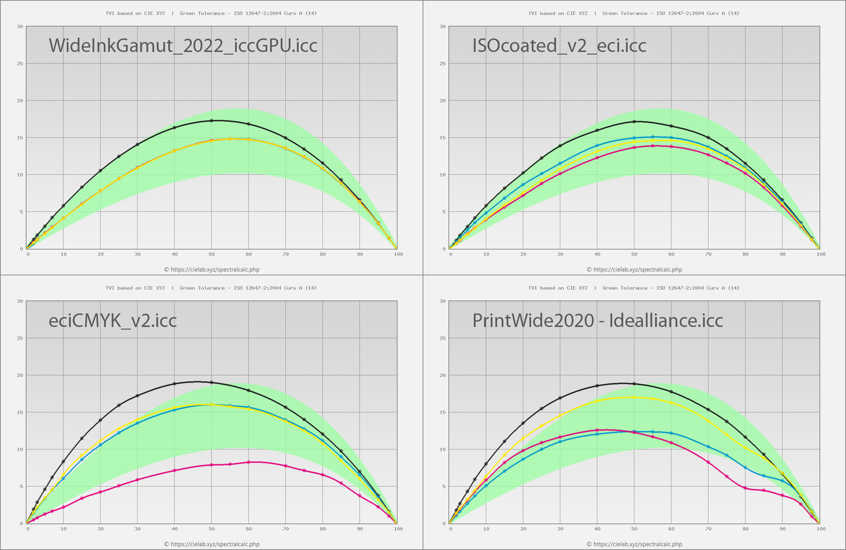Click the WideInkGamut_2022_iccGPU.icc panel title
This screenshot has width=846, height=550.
[x=183, y=45]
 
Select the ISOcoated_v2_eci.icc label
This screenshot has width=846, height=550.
[x=559, y=45]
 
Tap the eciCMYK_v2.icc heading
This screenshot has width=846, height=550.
[x=113, y=320]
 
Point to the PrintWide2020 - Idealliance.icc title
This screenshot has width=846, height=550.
[x=598, y=320]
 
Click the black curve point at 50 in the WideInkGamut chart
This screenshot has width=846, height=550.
[x=211, y=121]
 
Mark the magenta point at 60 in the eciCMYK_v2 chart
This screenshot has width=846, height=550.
[x=249, y=462]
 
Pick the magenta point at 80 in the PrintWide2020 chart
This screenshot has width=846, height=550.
[x=745, y=488]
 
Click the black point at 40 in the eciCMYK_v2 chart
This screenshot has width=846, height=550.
[x=174, y=384]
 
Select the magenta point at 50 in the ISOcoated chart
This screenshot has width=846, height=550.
[x=634, y=147]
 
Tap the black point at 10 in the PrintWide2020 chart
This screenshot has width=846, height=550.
[x=486, y=464]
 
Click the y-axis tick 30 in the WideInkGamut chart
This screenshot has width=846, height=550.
[x=20, y=27]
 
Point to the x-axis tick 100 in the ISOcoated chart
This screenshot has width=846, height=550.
[x=821, y=254]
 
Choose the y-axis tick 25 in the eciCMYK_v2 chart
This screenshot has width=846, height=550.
[x=20, y=338]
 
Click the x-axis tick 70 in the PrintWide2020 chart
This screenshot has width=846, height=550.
[x=708, y=529]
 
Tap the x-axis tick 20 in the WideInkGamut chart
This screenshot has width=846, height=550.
[x=100, y=254]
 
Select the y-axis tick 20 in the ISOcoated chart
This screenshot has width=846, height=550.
[x=443, y=101]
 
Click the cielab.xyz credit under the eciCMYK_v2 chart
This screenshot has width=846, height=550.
[x=211, y=544]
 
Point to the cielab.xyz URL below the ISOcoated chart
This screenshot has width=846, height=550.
[x=634, y=270]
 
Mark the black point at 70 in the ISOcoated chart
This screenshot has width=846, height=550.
[x=708, y=138]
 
